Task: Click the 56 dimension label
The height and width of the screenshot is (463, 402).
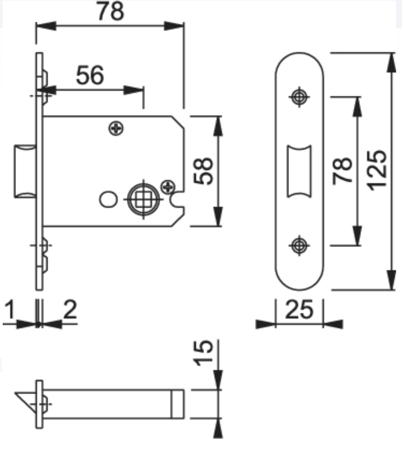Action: pyautogui.click(x=90, y=75)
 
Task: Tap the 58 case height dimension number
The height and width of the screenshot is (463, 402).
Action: pyautogui.click(x=203, y=171)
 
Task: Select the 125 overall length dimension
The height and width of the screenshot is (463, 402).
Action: pyautogui.click(x=377, y=171)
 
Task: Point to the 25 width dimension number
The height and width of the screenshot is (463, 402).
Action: pyautogui.click(x=299, y=309)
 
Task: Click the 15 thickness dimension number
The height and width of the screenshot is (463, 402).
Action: pyautogui.click(x=203, y=353)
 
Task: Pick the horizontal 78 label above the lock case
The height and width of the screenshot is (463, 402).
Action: pyautogui.click(x=111, y=11)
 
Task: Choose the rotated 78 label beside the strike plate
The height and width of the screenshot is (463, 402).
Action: pyautogui.click(x=342, y=171)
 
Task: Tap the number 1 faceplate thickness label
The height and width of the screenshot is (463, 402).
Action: pyautogui.click(x=10, y=309)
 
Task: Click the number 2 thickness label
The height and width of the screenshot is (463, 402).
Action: pyautogui.click(x=70, y=309)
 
